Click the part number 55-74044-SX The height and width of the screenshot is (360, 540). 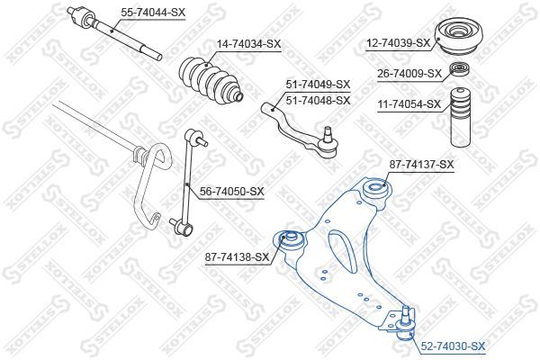click(x=153, y=13)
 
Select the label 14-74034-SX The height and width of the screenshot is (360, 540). click(x=248, y=44)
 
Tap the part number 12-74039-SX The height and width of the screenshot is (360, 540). click(x=398, y=43)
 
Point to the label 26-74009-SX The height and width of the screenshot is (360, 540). click(x=409, y=74)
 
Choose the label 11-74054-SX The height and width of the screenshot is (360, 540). click(x=409, y=103)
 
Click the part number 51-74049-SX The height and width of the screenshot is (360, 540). click(x=318, y=84)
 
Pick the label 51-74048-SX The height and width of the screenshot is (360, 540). click(x=318, y=101)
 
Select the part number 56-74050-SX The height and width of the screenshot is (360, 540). click(x=232, y=191)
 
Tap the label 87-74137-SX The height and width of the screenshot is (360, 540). click(x=422, y=165)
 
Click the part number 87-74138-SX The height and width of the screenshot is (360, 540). click(x=238, y=257)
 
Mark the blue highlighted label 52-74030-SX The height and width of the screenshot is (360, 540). click(x=453, y=346)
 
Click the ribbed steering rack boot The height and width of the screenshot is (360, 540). click(x=211, y=80)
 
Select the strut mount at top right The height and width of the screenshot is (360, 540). click(x=459, y=37)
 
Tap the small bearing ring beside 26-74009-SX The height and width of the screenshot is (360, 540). click(x=459, y=69)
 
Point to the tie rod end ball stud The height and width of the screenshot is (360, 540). click(x=328, y=135)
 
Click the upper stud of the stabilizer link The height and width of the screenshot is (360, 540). click(x=202, y=141)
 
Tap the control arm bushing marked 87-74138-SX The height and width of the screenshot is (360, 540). click(x=290, y=240)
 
